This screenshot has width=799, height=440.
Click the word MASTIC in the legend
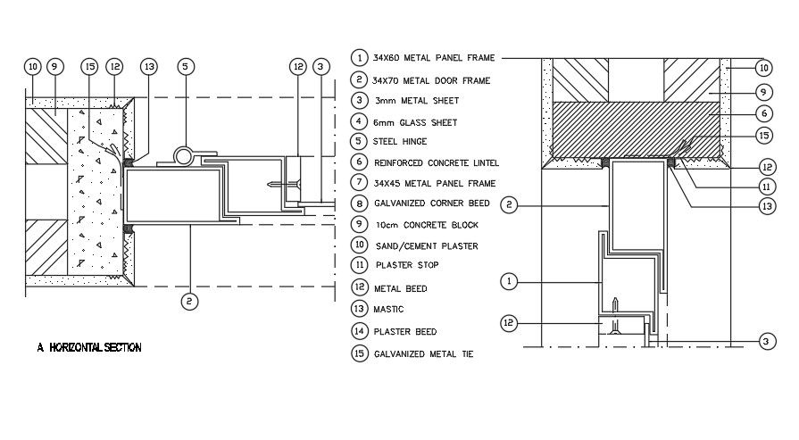[x=391, y=309]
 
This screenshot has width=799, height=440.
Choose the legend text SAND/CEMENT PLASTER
[x=428, y=245]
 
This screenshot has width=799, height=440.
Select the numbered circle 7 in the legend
[x=359, y=183]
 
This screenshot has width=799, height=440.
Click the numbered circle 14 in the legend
[x=359, y=330]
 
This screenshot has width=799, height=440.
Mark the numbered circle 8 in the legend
[x=359, y=203]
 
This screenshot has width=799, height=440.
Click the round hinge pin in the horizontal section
[x=185, y=156]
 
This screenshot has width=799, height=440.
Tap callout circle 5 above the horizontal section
[x=185, y=66]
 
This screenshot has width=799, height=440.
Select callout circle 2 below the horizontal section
[x=189, y=301]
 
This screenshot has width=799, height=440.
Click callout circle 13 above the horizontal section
[x=148, y=66]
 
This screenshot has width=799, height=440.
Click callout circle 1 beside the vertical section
[x=508, y=281]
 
